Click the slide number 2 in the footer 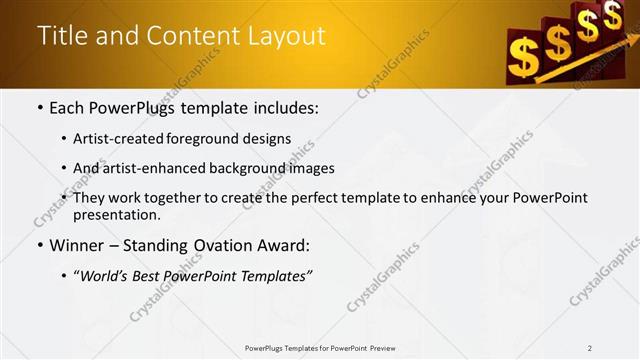pyautogui.click(x=589, y=348)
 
